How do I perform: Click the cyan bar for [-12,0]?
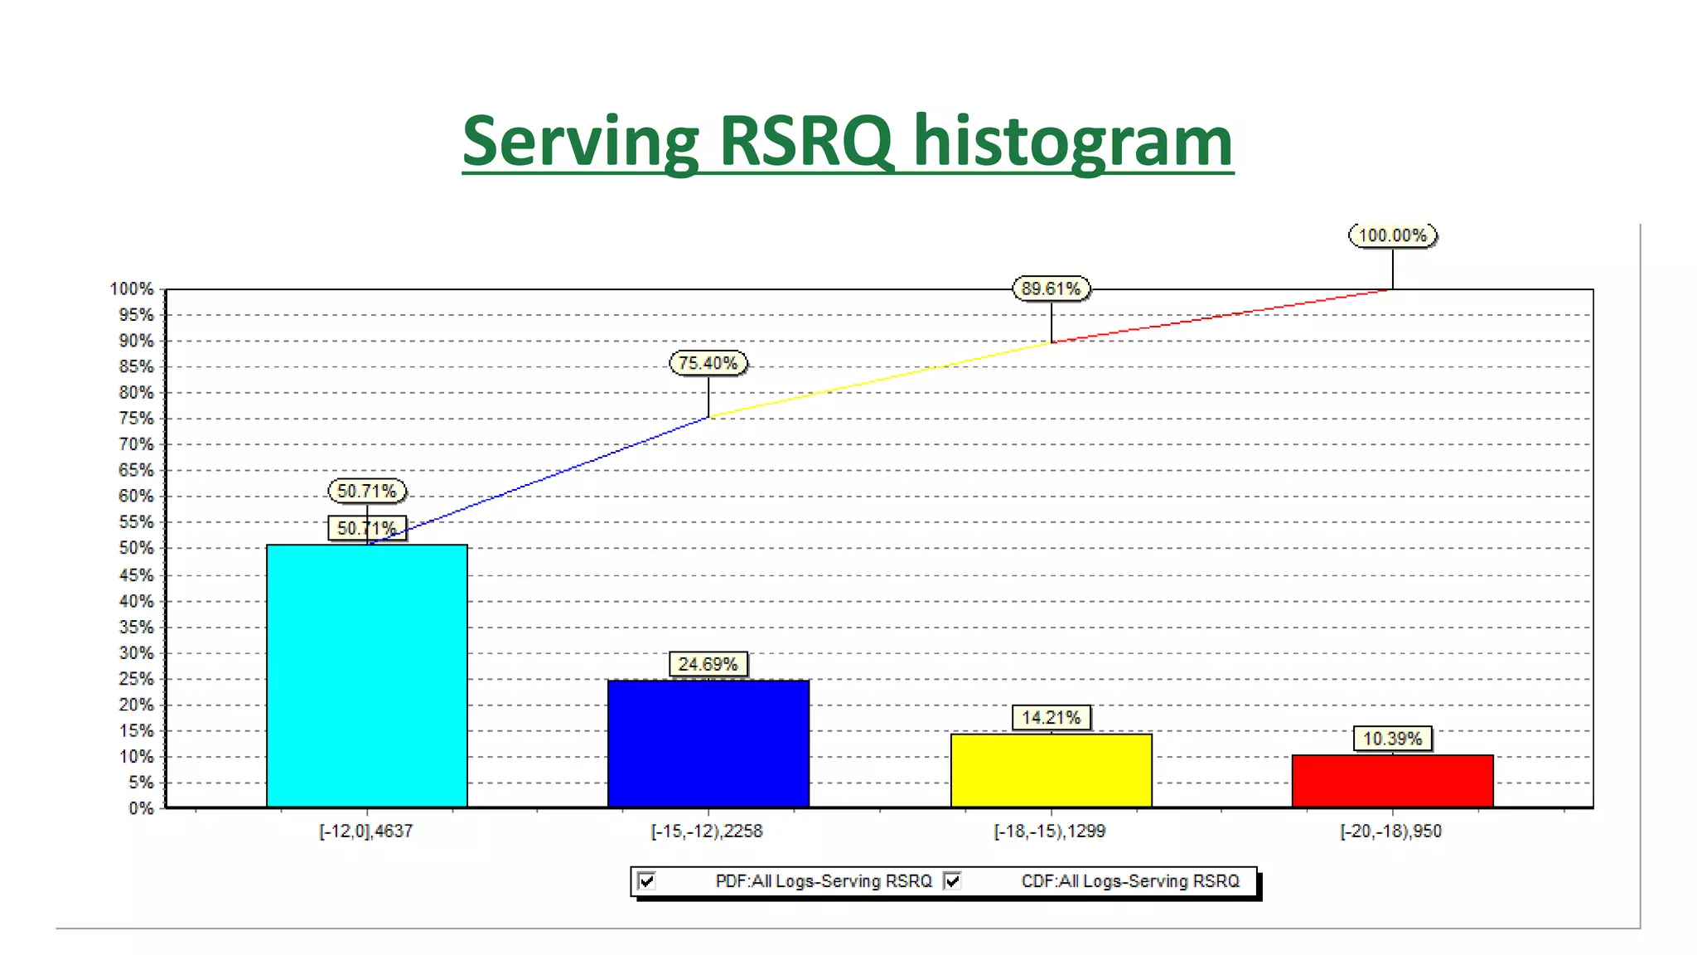tap(366, 676)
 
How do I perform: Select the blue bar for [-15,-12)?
tap(708, 744)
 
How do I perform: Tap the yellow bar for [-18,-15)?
tap(1051, 770)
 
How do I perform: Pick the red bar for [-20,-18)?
tap(1392, 781)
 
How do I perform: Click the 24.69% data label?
tap(708, 664)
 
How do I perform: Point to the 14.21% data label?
tap(1051, 717)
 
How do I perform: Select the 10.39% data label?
tap(1392, 739)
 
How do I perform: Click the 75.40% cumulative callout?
tap(708, 363)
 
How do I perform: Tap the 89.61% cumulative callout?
tap(1051, 288)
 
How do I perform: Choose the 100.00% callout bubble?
tap(1392, 235)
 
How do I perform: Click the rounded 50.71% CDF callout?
tap(366, 491)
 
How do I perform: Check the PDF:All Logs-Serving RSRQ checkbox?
tap(647, 880)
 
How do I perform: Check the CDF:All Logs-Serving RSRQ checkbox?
tap(953, 880)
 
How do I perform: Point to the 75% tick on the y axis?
tap(137, 419)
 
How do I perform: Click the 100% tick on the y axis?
tap(133, 288)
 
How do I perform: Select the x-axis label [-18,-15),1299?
tap(1049, 831)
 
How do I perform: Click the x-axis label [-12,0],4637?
tap(366, 831)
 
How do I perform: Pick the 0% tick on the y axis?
tap(141, 808)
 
